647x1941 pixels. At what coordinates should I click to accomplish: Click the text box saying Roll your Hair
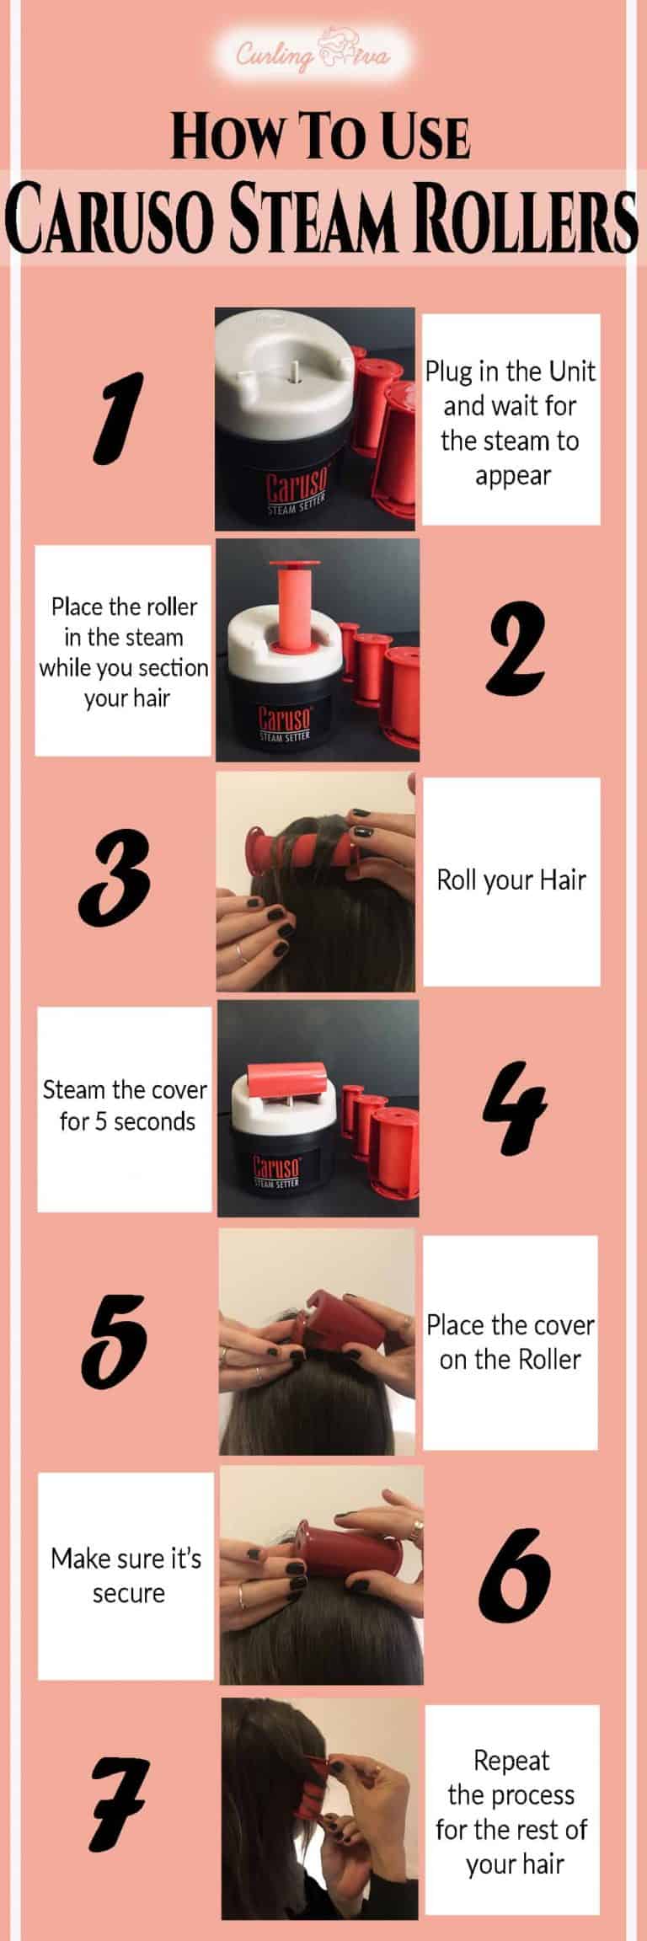click(x=511, y=880)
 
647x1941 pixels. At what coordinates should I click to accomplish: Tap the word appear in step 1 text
click(x=511, y=476)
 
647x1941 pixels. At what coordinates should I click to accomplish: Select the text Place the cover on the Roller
click(x=511, y=1342)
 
